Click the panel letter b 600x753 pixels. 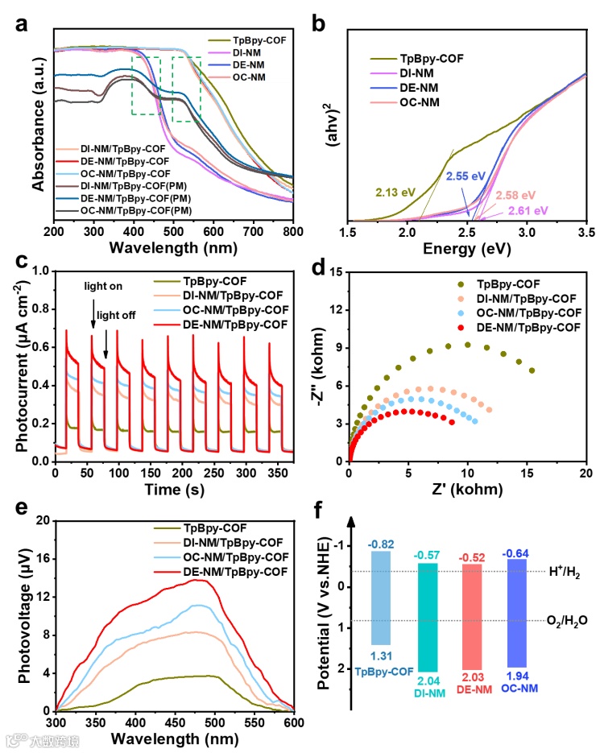(x=318, y=24)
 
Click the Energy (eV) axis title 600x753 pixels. (x=466, y=250)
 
